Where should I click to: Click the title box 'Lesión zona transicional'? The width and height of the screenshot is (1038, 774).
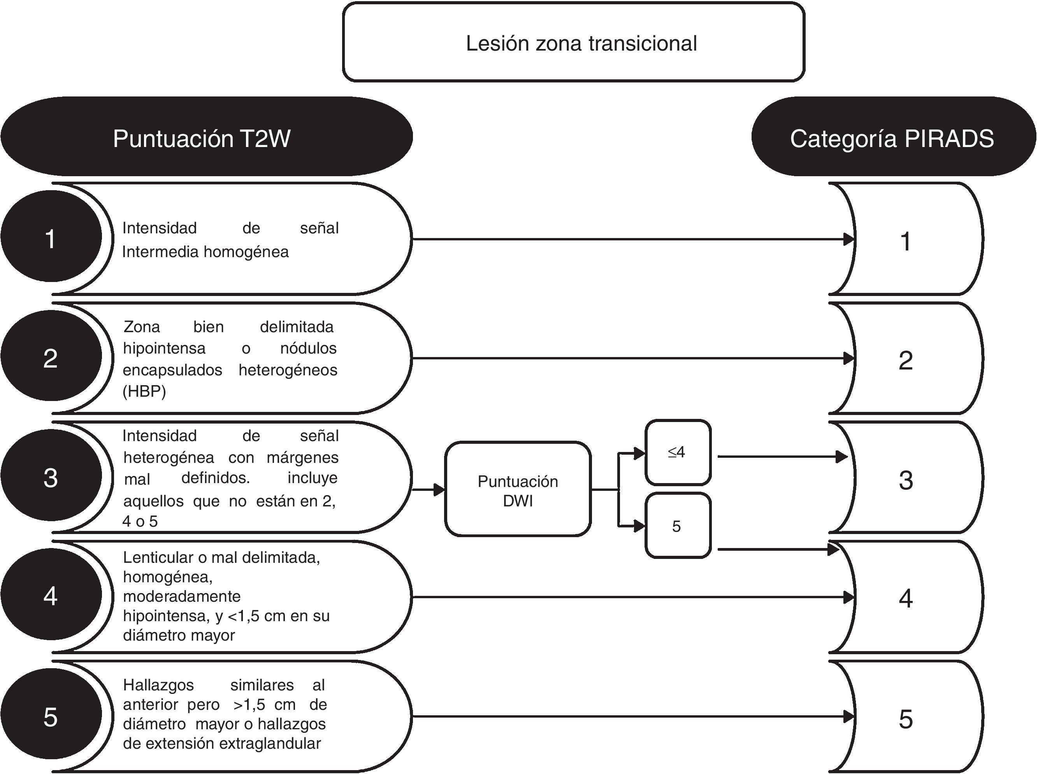pos(573,42)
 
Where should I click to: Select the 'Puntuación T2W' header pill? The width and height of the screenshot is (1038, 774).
pos(206,137)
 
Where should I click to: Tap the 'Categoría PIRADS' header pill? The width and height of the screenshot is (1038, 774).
pos(893,137)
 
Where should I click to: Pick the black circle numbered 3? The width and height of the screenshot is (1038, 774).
pos(51,477)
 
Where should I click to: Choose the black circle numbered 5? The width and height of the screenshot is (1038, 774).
pos(51,717)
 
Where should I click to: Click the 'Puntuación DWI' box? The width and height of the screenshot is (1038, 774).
pos(518,490)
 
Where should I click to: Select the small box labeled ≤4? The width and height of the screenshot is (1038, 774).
pos(678,452)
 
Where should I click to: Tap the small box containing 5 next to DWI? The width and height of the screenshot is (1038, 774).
pos(678,526)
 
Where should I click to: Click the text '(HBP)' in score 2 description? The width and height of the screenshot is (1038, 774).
pos(144,391)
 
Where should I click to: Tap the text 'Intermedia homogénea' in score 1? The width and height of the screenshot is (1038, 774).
pos(205,252)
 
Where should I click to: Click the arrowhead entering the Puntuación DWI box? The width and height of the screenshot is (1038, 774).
pos(439,490)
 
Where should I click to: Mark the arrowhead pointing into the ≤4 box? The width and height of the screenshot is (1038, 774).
pos(639,453)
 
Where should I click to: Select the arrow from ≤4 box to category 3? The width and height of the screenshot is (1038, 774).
pos(783,456)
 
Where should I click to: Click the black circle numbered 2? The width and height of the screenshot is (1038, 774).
pos(51,358)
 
